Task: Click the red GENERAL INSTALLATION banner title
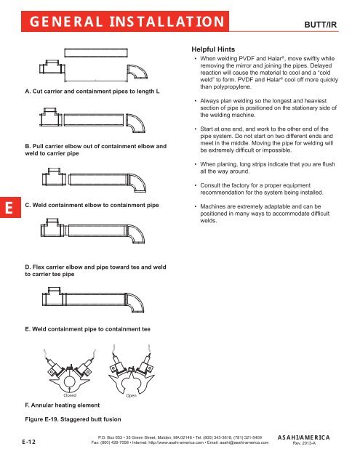click(127, 22)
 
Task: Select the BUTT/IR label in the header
click(321, 25)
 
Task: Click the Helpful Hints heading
click(213, 49)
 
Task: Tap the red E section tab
click(10, 207)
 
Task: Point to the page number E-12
click(29, 442)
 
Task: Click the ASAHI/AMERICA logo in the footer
click(303, 437)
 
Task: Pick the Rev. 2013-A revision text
click(304, 443)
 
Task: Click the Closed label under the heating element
click(70, 395)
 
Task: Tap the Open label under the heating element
click(131, 395)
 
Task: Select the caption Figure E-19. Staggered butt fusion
click(73, 419)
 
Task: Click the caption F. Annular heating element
click(63, 405)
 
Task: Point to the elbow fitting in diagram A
click(137, 72)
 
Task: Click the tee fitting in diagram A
click(52, 67)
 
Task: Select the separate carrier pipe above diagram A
click(96, 52)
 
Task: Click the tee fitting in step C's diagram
click(54, 177)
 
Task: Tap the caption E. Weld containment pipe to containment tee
click(87, 329)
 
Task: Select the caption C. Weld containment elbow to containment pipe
click(92, 205)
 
